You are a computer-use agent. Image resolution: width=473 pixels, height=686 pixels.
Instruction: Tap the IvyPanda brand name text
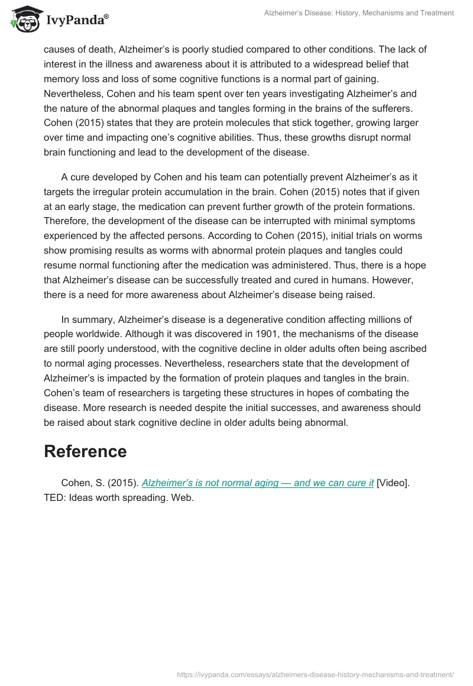coord(76,21)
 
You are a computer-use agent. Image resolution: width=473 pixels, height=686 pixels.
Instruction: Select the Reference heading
coord(85,451)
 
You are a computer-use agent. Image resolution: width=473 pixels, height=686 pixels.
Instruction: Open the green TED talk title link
coord(258,483)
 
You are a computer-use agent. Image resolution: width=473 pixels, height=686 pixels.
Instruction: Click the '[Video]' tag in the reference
coord(392,483)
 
